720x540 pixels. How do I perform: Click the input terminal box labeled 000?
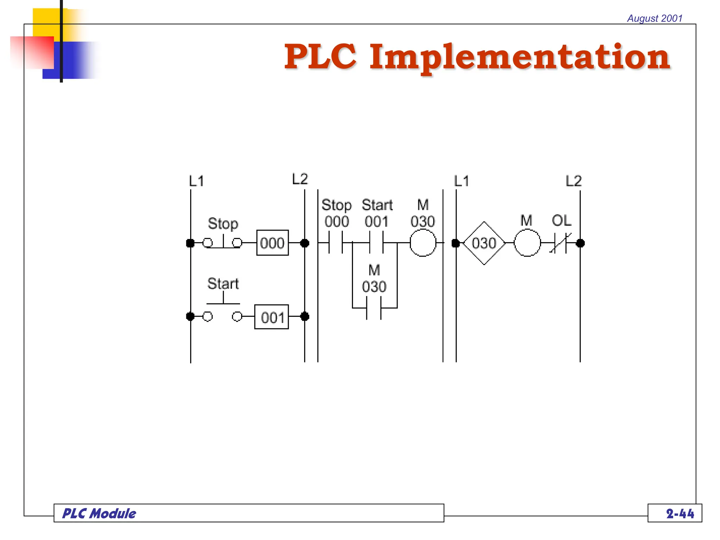pos(272,243)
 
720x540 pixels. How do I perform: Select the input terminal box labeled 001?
pos(271,317)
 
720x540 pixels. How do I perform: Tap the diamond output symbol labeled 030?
pos(484,243)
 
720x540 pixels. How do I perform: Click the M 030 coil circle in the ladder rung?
pos(423,243)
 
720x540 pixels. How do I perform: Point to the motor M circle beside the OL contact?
pos(527,243)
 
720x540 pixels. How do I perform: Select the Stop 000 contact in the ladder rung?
pos(336,243)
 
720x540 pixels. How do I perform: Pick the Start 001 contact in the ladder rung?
pos(376,243)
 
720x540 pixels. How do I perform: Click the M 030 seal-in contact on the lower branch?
pos(374,308)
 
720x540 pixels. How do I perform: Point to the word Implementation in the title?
pos(520,57)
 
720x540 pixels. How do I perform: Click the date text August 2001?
pos(655,18)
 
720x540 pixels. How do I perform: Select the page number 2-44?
pos(680,514)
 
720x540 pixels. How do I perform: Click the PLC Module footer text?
pos(99,514)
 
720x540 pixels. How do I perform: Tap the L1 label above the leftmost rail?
pos(196,181)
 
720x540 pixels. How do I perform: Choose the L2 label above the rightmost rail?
pos(573,181)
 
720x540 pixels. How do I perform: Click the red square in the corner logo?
pos(32,52)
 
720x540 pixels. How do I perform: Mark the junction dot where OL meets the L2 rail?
pos(580,243)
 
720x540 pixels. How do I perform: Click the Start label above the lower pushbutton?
pos(223,284)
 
